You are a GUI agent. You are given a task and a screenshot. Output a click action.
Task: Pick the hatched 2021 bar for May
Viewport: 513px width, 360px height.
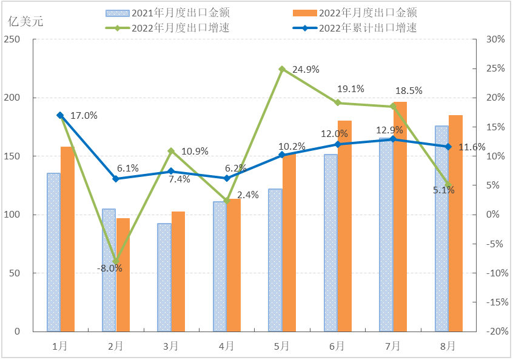click(275, 260)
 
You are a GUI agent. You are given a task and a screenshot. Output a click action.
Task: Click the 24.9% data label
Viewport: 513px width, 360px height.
click(306, 70)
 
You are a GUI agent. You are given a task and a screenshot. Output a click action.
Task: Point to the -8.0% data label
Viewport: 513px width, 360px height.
click(110, 268)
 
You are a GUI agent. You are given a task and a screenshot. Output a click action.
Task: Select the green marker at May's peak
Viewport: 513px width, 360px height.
click(282, 69)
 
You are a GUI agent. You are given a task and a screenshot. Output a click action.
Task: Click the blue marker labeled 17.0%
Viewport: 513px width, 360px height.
click(60, 115)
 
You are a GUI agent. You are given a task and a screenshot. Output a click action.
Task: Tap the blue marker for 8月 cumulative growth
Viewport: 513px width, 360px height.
click(449, 147)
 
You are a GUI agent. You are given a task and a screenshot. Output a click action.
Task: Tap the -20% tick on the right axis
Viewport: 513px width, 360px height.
click(494, 332)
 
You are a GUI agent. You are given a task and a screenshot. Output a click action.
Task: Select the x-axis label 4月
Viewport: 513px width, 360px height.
click(226, 346)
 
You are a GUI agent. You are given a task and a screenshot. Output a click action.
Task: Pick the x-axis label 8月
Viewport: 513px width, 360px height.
click(448, 346)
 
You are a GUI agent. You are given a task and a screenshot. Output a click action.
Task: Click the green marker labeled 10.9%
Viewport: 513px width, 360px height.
click(171, 151)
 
